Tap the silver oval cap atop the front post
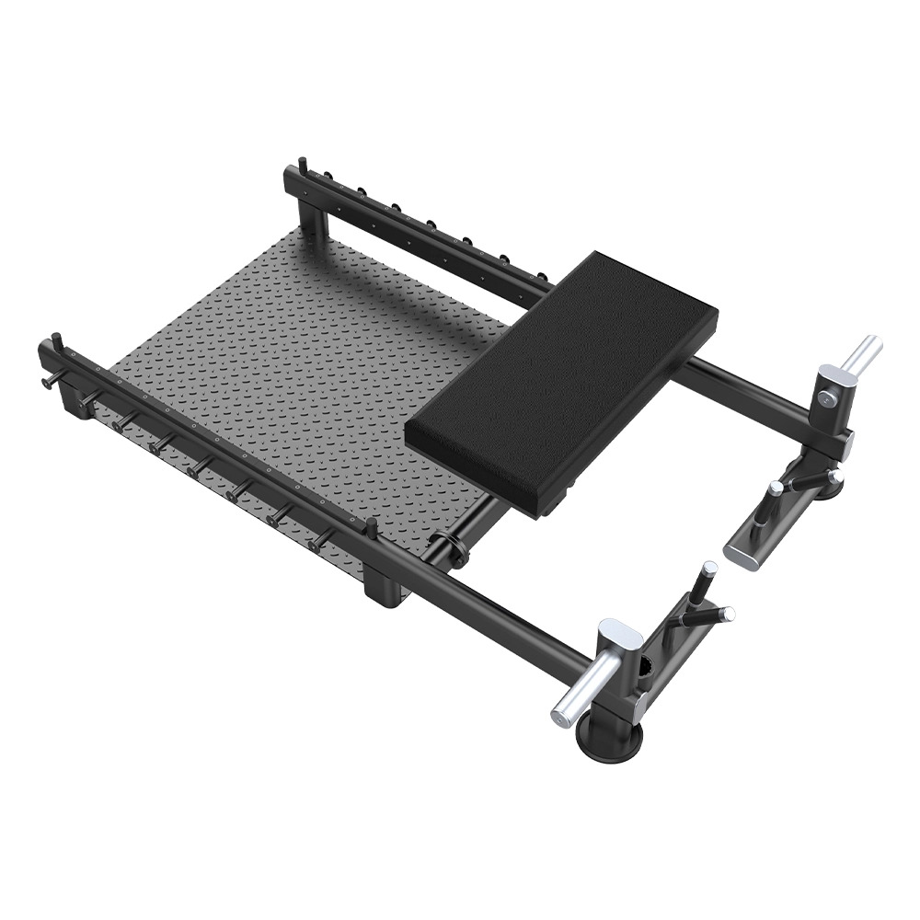click(x=621, y=634)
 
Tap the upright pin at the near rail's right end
click(x=372, y=528)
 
